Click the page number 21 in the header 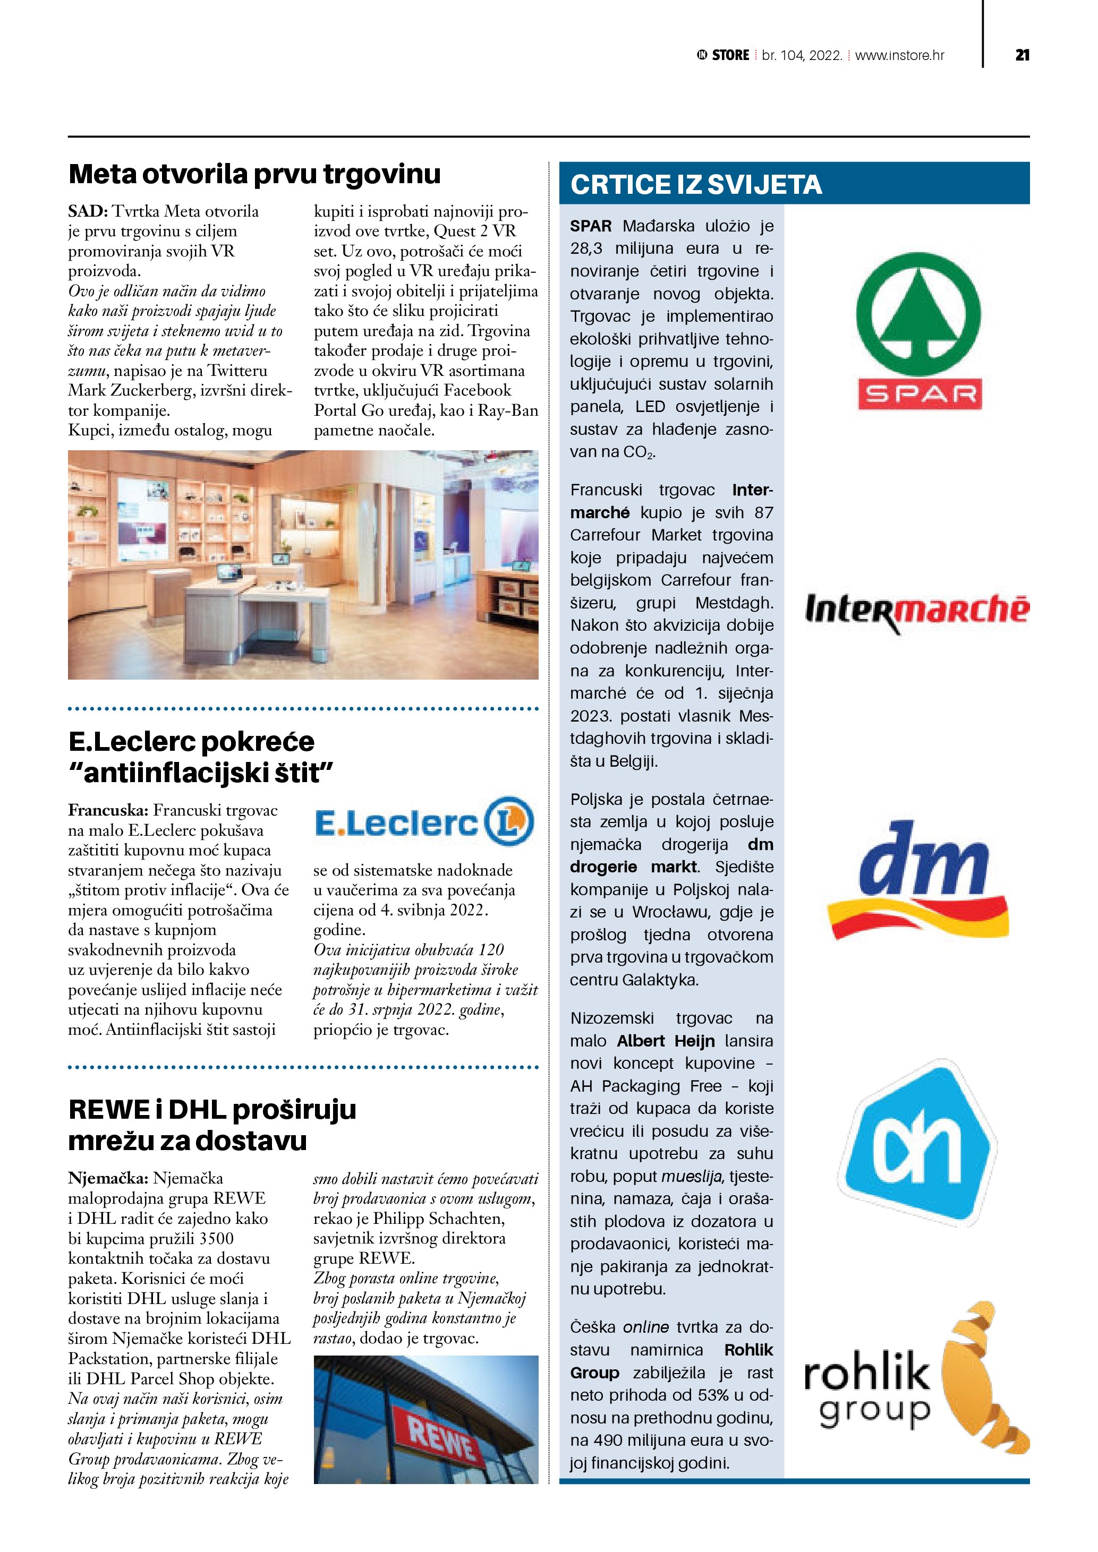[1022, 55]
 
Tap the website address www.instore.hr [899, 55]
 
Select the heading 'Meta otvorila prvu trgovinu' [254, 174]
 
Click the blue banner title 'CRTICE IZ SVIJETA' [696, 185]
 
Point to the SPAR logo [919, 331]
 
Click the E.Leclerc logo [424, 822]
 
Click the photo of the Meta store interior [303, 564]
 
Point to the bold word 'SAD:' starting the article [88, 211]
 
